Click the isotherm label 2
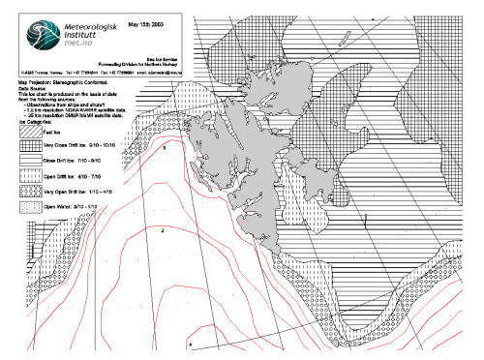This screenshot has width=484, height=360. coord(162,232)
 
